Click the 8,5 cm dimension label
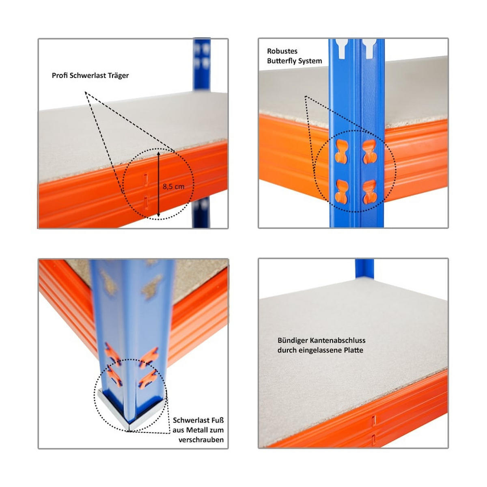click(x=173, y=187)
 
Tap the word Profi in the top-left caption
click(x=60, y=75)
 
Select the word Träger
click(x=118, y=75)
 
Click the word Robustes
click(x=282, y=51)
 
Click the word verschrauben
click(x=201, y=440)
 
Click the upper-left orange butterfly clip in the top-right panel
click(x=342, y=151)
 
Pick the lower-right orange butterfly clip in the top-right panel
click(x=369, y=192)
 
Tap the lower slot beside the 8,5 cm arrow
click(x=146, y=202)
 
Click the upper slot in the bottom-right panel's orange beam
click(x=374, y=420)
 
